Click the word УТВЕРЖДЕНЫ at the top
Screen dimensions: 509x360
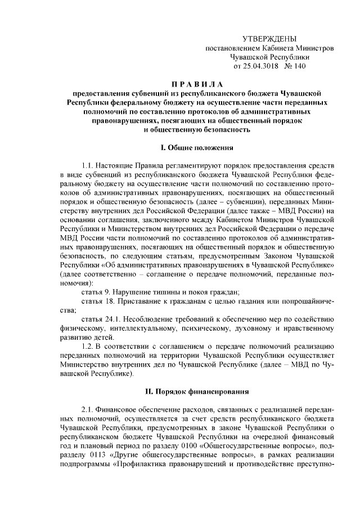click(x=268, y=38)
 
